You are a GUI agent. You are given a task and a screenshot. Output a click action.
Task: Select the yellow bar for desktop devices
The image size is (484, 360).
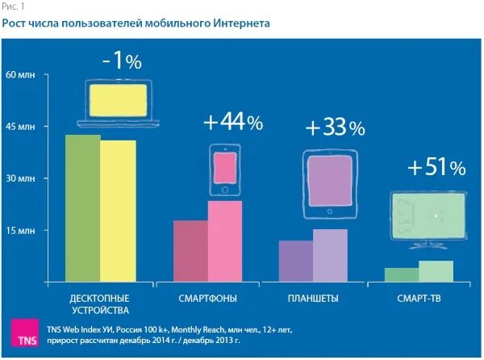click(118, 211)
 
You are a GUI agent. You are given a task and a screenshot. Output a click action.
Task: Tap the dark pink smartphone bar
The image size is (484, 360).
click(190, 251)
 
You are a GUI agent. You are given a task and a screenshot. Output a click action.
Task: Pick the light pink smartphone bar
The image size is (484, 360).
click(225, 241)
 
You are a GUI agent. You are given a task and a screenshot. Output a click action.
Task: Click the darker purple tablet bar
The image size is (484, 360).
click(295, 261)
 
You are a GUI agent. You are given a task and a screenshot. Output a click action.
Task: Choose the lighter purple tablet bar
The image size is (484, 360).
click(330, 256)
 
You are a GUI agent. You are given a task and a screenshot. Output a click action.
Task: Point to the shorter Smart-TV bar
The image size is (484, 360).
click(401, 274)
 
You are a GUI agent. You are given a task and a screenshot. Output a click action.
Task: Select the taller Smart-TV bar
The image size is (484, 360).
click(436, 271)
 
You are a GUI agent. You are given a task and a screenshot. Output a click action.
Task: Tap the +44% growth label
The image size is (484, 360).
click(232, 123)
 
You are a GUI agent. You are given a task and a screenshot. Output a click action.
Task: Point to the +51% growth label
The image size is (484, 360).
click(436, 168)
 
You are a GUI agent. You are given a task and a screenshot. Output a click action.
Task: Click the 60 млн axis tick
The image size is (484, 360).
click(21, 74)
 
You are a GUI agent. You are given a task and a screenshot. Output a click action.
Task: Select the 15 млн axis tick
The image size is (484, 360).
click(21, 231)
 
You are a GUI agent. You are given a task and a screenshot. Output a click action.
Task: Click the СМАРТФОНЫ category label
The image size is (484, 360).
click(207, 299)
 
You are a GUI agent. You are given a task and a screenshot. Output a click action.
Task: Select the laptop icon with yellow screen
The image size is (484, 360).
click(118, 103)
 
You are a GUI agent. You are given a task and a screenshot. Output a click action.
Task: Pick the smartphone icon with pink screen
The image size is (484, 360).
click(225, 170)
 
